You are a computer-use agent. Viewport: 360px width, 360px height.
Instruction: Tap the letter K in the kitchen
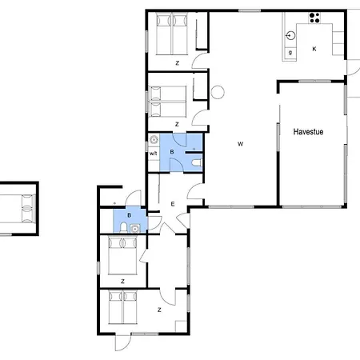pyautogui.click(x=314, y=49)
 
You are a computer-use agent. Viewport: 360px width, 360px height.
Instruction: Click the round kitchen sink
pyautogui.click(x=290, y=35)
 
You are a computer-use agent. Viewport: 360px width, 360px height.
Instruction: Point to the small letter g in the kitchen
pyautogui.click(x=289, y=52)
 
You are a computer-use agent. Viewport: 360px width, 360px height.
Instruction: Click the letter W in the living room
pyautogui.click(x=240, y=144)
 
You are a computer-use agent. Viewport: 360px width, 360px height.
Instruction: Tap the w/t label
pyautogui.click(x=153, y=154)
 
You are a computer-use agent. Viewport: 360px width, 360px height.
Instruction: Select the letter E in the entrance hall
pyautogui.click(x=172, y=205)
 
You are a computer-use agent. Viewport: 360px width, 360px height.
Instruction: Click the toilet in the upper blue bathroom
pyautogui.click(x=197, y=163)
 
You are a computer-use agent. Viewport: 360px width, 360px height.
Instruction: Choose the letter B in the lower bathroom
pyautogui.click(x=129, y=215)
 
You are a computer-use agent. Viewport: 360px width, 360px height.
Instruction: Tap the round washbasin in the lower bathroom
pyautogui.click(x=135, y=227)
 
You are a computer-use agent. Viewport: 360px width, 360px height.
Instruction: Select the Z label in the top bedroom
pyautogui.click(x=177, y=62)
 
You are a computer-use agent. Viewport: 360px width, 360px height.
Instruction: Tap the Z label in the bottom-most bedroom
pyautogui.click(x=159, y=309)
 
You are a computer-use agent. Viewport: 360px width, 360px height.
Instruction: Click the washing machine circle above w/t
pyautogui.click(x=154, y=139)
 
